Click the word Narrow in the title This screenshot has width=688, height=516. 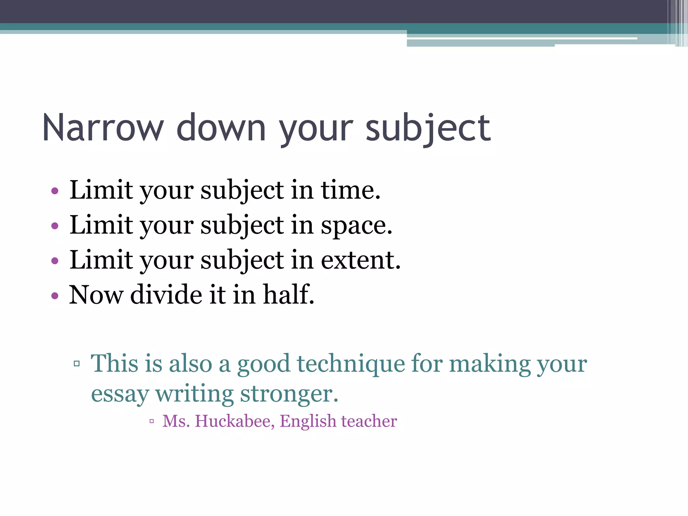tap(103, 128)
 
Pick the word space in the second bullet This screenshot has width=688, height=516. tap(356, 225)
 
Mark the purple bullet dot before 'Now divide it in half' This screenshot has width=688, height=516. tap(55, 296)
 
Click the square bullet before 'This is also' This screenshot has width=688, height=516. tap(77, 363)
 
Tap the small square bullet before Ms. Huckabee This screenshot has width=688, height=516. tap(152, 421)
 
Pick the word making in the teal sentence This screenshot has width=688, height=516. tap(490, 364)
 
